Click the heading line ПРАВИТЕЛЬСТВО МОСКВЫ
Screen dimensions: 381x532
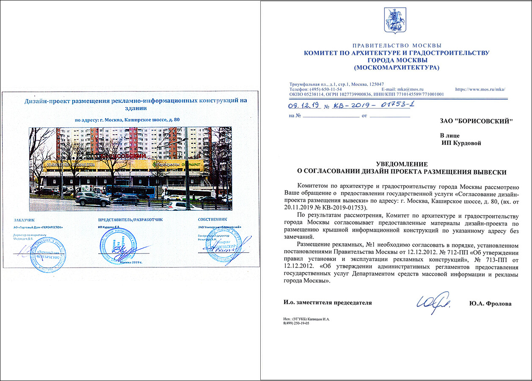coord(397,46)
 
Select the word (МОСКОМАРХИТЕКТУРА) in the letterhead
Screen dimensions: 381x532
coord(397,67)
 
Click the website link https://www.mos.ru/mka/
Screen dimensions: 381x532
coord(480,89)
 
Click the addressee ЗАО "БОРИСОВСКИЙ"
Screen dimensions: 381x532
coord(476,121)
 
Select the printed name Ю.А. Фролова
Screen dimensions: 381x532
coord(490,304)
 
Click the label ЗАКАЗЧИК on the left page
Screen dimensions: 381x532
coord(24,220)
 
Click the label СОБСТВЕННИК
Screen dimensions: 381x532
coord(212,219)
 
